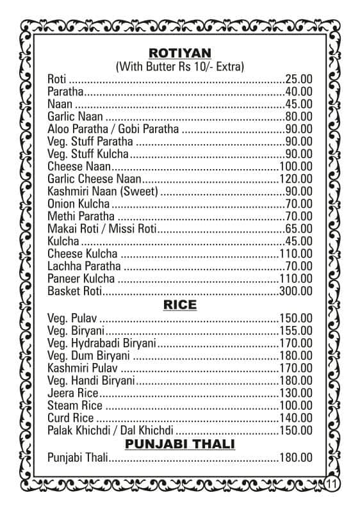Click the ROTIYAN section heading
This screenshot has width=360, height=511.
pyautogui.click(x=179, y=53)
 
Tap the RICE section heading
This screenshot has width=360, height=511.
pyautogui.click(x=179, y=305)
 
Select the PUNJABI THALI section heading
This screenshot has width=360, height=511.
pyautogui.click(x=179, y=443)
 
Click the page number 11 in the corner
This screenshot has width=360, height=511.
pyautogui.click(x=332, y=483)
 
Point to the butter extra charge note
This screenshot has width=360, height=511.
pyautogui.click(x=179, y=66)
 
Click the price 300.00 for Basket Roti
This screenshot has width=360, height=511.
pyautogui.click(x=296, y=291)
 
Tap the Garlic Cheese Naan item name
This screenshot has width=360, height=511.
pyautogui.click(x=94, y=179)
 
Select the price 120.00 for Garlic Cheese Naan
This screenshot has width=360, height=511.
pyautogui.click(x=296, y=179)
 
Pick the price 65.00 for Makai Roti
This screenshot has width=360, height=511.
pyautogui.click(x=299, y=229)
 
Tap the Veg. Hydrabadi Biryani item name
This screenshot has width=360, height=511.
pyautogui.click(x=102, y=343)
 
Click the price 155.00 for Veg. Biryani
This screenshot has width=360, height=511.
pyautogui.click(x=296, y=331)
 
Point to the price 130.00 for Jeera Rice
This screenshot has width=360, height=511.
pyautogui.click(x=296, y=393)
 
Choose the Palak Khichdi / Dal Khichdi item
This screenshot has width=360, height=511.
pyautogui.click(x=110, y=430)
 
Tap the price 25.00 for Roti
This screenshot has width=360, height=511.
pyautogui.click(x=299, y=79)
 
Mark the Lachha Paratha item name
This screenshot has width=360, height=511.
pyautogui.click(x=85, y=266)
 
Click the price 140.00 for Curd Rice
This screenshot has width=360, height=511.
pyautogui.click(x=296, y=418)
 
